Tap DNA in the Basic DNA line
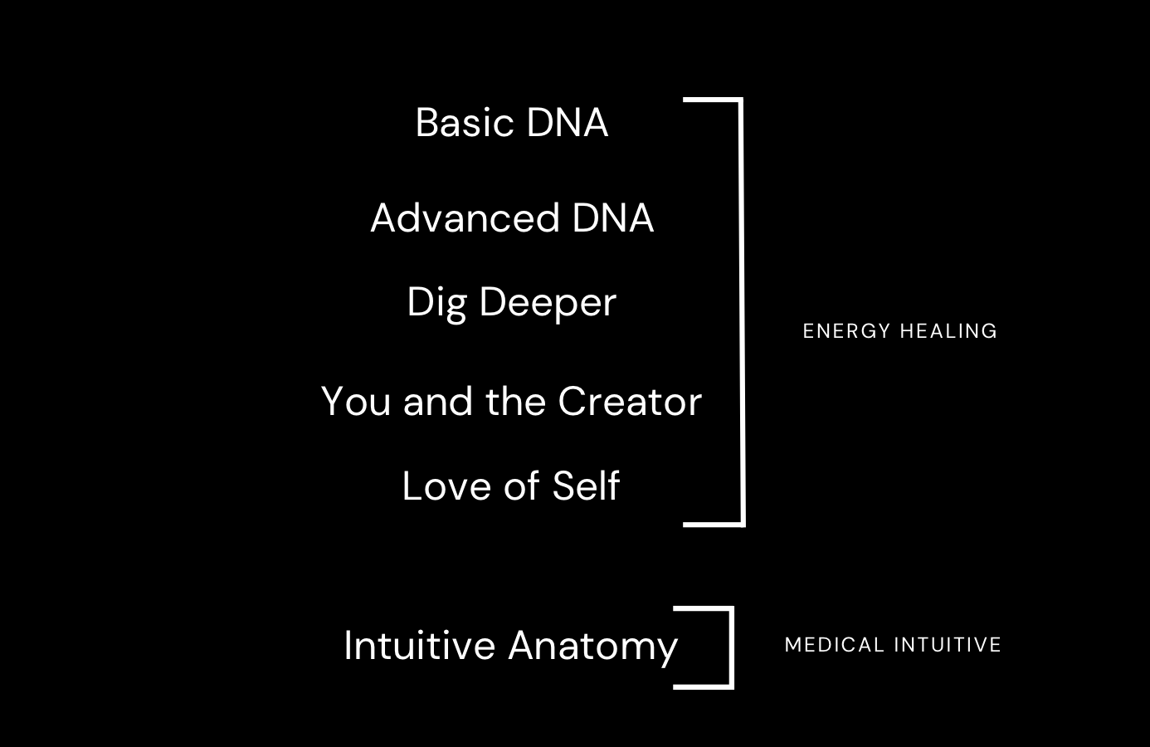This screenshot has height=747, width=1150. coord(568,123)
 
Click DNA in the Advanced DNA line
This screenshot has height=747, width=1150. coord(613,218)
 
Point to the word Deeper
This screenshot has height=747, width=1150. coord(548,303)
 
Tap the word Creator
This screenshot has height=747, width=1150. coord(630,402)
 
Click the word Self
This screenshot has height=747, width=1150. coord(586,486)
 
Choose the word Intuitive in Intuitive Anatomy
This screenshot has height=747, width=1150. coord(419,646)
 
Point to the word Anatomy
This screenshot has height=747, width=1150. coord(593,647)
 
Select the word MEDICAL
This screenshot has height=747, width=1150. coord(835,645)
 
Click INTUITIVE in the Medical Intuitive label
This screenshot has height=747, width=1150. coord(948,645)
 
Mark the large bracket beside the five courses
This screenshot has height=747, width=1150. coord(741,311)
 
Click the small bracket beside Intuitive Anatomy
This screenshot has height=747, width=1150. coord(731,647)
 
